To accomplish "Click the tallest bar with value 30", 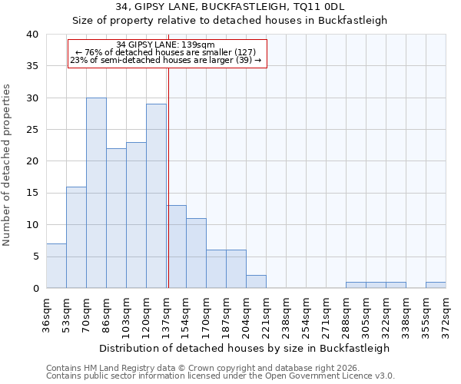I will pos(96,193).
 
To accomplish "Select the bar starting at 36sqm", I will pos(56,266).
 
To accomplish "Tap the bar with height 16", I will pos(76,237).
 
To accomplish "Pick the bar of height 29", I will pos(156,196).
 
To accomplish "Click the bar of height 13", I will pos(176,247).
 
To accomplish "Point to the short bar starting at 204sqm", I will pos(256,282).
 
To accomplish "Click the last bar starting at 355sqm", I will pos(436,285).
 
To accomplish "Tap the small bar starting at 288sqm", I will pos(356,285).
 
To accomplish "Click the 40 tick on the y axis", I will pos(32,35).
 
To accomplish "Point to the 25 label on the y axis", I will pos(32,130).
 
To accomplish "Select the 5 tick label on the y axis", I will pos(35,257).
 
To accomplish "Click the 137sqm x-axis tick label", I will pos(166,313).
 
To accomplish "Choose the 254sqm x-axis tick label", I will pos(306,313).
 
